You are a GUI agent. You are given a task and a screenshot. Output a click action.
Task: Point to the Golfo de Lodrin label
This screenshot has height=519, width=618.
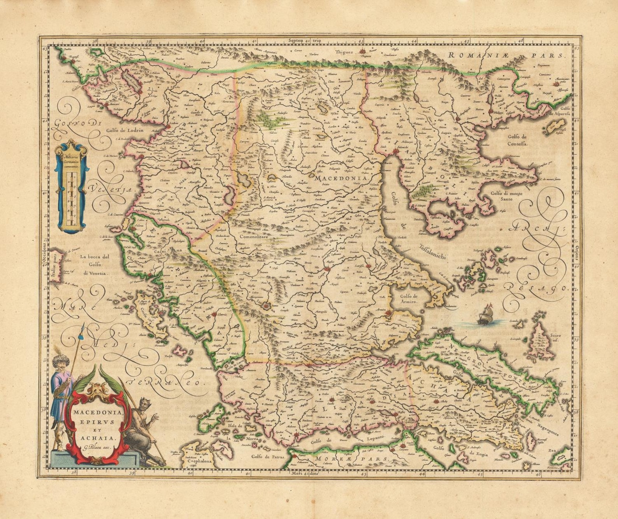click(125, 130)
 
